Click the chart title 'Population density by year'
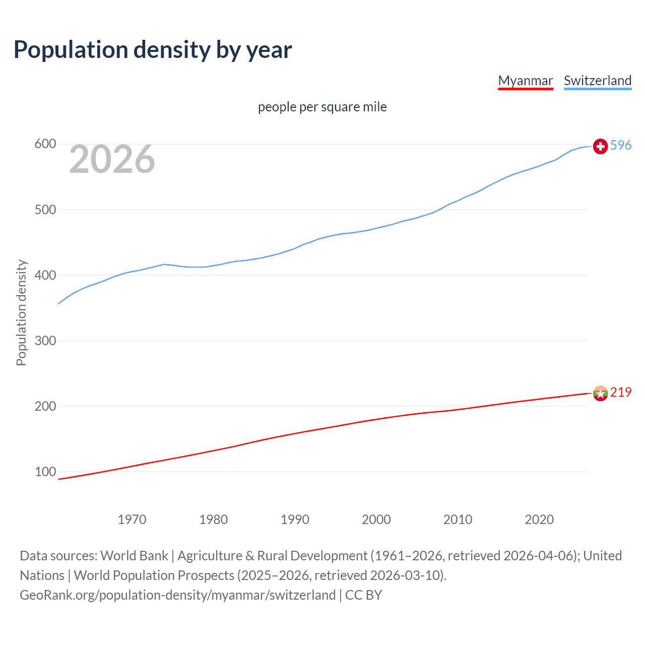click(153, 50)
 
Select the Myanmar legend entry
click(525, 81)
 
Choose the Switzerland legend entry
click(597, 81)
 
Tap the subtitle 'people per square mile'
click(322, 107)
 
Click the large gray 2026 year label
click(112, 159)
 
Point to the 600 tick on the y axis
click(45, 144)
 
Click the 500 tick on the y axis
click(45, 210)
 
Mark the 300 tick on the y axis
click(45, 341)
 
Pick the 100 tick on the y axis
click(45, 472)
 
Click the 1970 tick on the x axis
click(132, 520)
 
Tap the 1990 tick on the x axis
click(295, 520)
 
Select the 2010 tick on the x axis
click(458, 520)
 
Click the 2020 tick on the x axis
click(539, 520)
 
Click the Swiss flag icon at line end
click(600, 146)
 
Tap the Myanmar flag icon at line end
click(600, 393)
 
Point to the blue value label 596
click(621, 145)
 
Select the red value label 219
click(621, 392)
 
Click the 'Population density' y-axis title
click(21, 312)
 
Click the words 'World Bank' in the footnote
click(134, 556)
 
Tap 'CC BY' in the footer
click(363, 595)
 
